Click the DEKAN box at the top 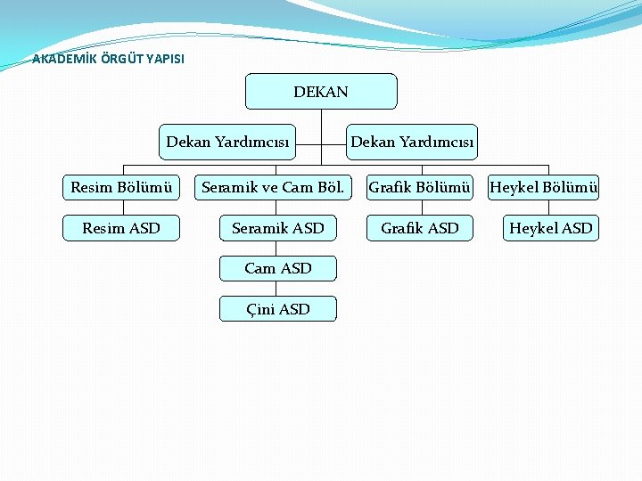[x=321, y=92]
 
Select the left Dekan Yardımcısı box [x=227, y=142]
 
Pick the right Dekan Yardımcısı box [x=412, y=142]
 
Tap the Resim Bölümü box [x=121, y=187]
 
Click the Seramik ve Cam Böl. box [x=273, y=187]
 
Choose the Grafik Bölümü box [x=419, y=187]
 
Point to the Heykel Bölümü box [x=544, y=187]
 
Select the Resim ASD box [x=121, y=228]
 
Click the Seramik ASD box [x=278, y=228]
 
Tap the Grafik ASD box [x=419, y=228]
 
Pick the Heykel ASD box [x=550, y=228]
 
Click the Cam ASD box [x=278, y=268]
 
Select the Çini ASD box [x=278, y=309]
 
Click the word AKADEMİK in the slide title [x=61, y=60]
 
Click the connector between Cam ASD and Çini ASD [x=278, y=289]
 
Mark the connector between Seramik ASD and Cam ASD [x=278, y=249]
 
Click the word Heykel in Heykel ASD [x=531, y=228]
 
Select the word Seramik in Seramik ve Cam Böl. [x=228, y=187]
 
